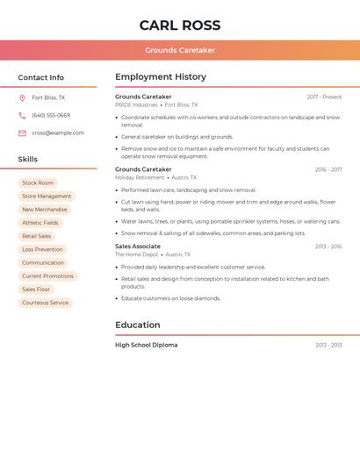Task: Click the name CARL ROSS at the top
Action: coord(180,25)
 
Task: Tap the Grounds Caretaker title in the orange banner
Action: coord(180,50)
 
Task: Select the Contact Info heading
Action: coord(41,77)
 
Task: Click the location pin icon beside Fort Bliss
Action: coord(22,98)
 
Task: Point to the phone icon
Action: coord(22,116)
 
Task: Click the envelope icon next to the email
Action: coord(22,133)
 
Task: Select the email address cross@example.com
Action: coord(58,133)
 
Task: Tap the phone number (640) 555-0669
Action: coord(51,116)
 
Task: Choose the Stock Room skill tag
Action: coord(38,183)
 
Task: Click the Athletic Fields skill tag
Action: coord(40,223)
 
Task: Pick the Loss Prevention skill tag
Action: coord(42,250)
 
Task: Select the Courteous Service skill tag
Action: coord(46,303)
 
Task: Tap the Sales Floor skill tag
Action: coord(36,290)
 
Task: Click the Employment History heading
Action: coord(161,77)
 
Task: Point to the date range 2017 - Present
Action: coord(324,97)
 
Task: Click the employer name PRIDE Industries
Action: coord(136,105)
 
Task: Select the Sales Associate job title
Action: coord(138,247)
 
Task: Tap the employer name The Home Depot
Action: coord(136,254)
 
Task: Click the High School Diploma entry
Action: coord(146,345)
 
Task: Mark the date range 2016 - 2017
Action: coord(328,170)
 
